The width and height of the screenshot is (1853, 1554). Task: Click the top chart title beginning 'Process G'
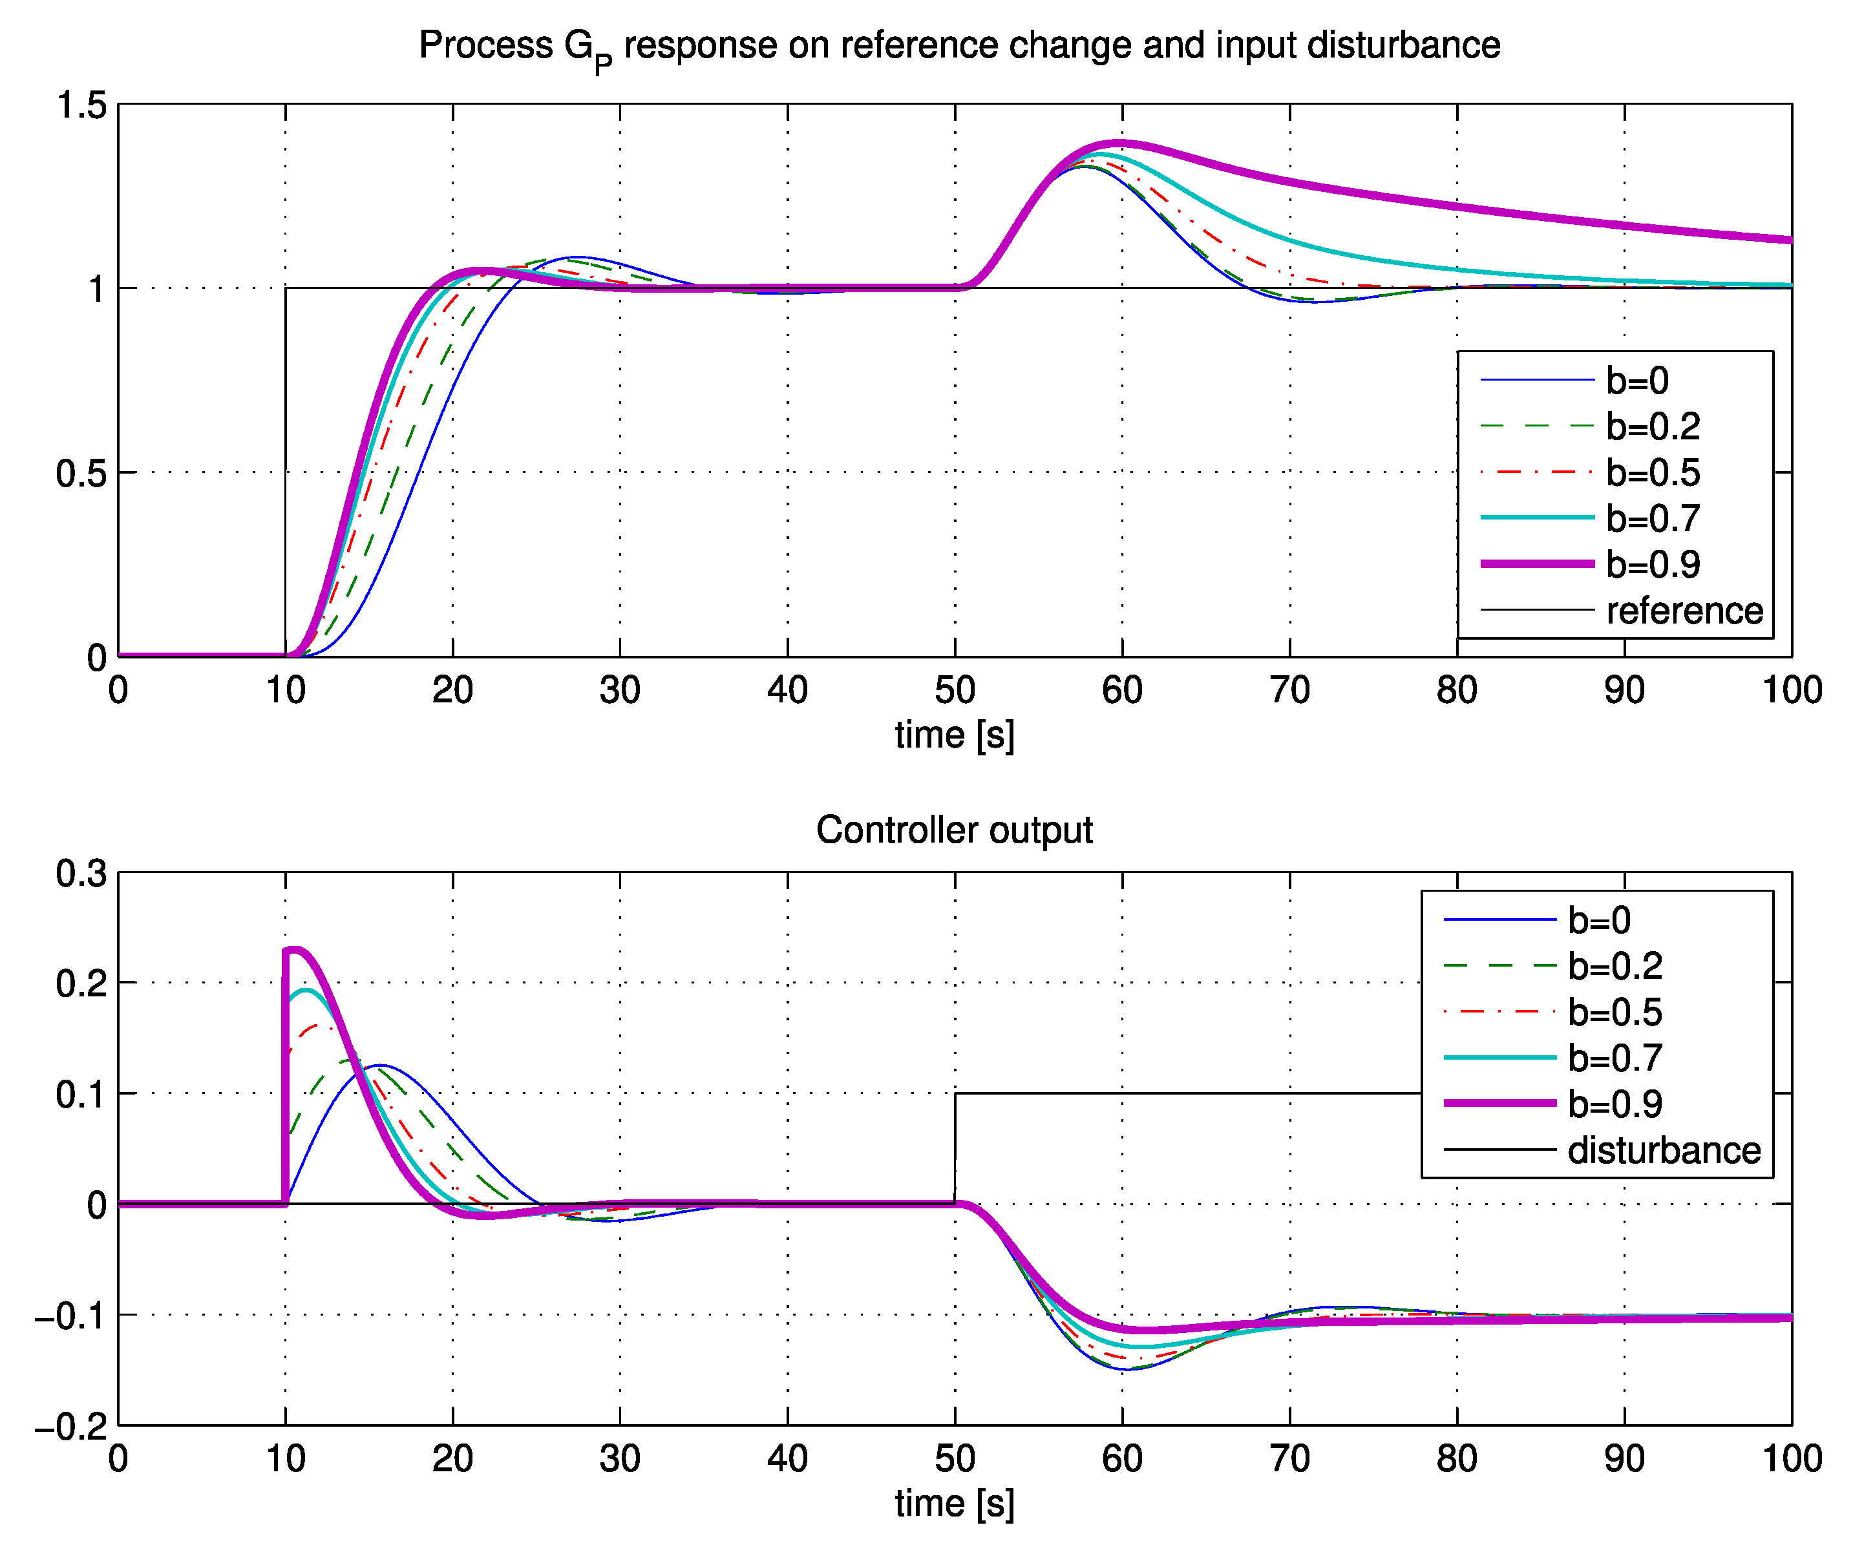tap(958, 46)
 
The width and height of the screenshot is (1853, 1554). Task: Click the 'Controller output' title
tap(954, 830)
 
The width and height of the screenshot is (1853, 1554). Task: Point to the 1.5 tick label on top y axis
tap(81, 106)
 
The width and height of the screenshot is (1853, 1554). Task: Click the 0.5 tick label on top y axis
tap(81, 474)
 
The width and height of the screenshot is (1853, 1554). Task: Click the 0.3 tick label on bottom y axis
tap(81, 874)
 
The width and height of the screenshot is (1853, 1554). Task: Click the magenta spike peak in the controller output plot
tap(295, 950)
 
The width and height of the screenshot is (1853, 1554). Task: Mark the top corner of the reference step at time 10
tap(286, 288)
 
